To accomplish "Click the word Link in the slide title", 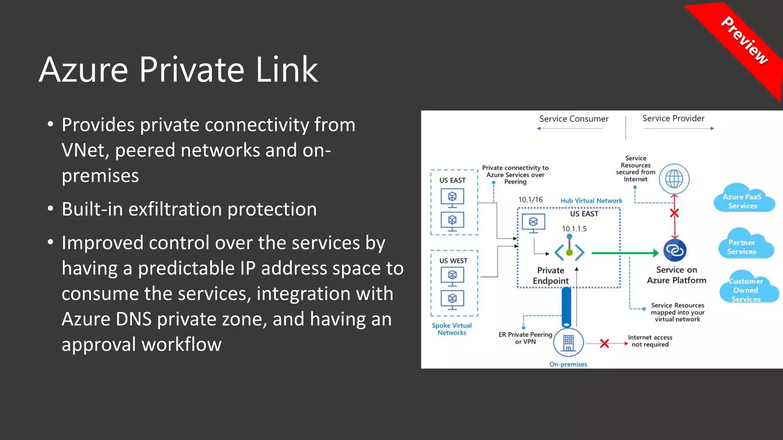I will coord(286,70).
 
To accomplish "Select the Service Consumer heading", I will coord(573,119).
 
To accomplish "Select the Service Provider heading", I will coord(673,118).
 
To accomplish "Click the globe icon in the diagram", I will coord(674,179).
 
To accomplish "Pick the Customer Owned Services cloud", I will coord(746,290).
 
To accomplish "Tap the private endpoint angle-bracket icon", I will coord(569,252).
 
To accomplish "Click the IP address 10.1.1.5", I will coord(574,229).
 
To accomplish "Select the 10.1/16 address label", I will coord(530,200).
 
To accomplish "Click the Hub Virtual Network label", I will coord(591,201).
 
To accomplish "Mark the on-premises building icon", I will coord(568,343).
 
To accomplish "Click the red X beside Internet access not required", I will coord(604,343).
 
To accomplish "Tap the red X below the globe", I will coord(674,213).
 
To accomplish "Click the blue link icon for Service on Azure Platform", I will coord(675,251).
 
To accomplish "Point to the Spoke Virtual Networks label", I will coord(452,329).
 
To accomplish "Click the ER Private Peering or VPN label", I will coord(525,338).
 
